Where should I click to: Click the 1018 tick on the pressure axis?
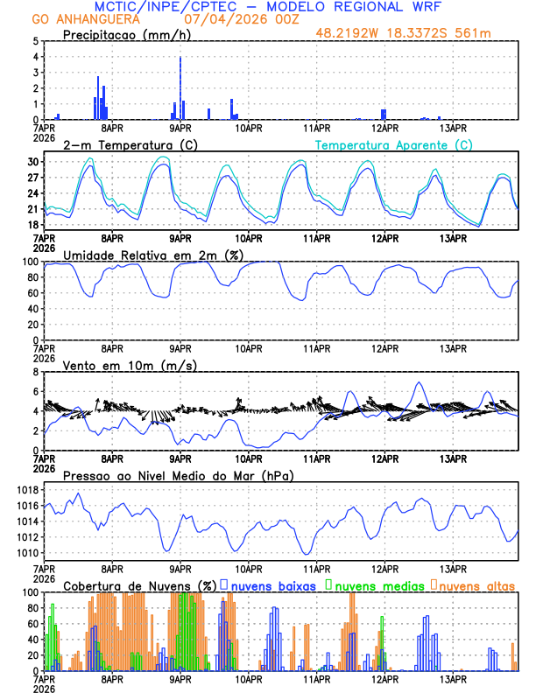[x=30, y=490]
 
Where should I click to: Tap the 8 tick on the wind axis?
[x=38, y=373]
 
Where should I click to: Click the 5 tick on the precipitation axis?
[x=38, y=41]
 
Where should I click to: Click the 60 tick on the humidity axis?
[x=32, y=293]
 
